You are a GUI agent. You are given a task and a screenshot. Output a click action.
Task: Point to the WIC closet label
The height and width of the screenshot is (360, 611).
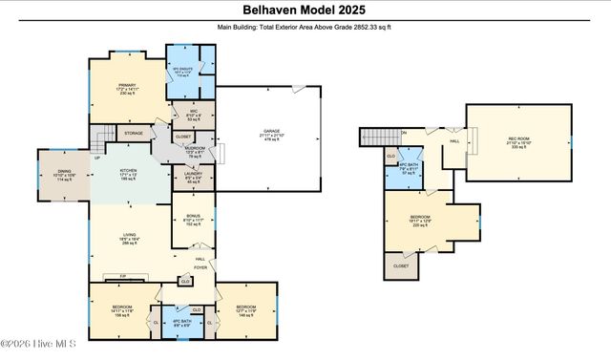[192, 116]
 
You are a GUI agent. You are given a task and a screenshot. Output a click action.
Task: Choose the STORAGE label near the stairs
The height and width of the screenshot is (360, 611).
[134, 133]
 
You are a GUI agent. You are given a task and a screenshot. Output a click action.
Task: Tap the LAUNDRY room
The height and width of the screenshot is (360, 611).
[192, 177]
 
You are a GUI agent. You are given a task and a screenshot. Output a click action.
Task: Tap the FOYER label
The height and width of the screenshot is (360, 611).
[200, 267]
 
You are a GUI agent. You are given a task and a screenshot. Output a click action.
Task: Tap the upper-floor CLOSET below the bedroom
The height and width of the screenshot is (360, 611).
[400, 265]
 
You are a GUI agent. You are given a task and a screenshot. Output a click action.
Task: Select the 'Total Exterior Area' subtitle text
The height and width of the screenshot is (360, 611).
[305, 28]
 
